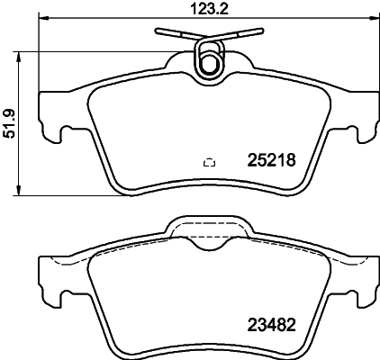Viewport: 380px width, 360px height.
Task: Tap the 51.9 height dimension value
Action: [x=9, y=121]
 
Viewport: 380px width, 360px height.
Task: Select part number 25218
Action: [x=271, y=160]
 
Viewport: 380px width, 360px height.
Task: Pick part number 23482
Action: [x=271, y=327]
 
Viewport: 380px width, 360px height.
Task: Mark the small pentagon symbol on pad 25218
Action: [x=210, y=163]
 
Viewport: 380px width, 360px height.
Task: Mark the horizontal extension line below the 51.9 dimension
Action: [x=63, y=195]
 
